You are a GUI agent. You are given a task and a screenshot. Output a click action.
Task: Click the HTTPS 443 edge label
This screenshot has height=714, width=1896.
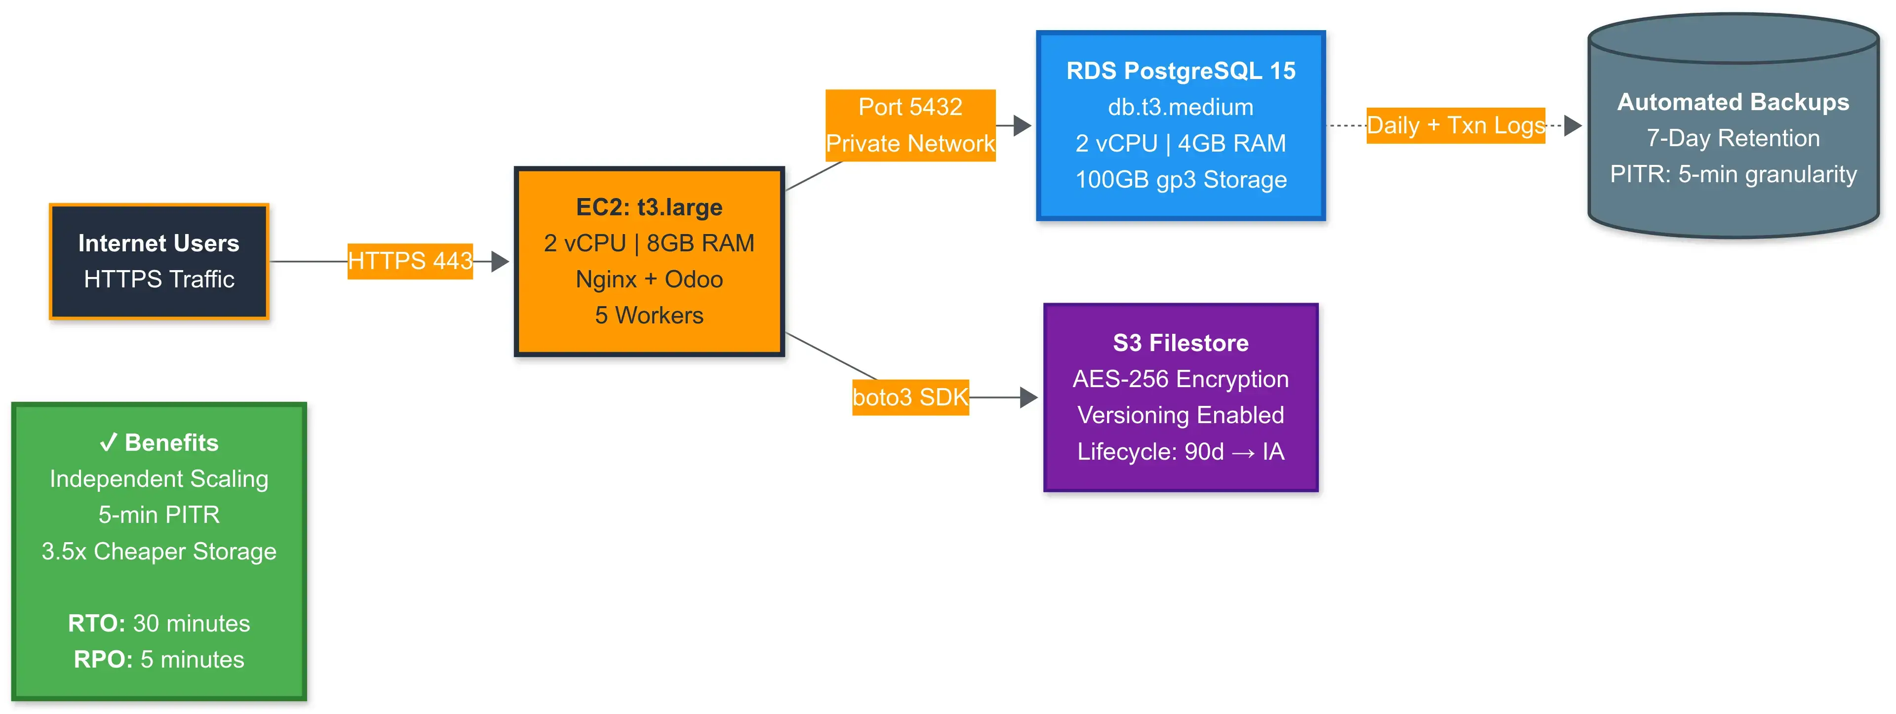pos(410,261)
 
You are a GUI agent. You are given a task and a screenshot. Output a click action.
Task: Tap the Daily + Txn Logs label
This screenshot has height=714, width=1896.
pos(1455,125)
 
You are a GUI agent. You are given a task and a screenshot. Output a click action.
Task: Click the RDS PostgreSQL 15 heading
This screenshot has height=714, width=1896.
pos(1180,71)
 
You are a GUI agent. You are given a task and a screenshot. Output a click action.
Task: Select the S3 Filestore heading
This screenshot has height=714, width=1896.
pos(1180,343)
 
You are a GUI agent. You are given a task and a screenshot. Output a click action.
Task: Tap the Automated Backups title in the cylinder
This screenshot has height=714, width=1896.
pos(1733,102)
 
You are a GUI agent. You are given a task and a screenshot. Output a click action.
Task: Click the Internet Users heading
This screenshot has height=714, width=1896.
pos(159,243)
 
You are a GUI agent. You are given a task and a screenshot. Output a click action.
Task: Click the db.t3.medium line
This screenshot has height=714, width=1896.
pos(1180,107)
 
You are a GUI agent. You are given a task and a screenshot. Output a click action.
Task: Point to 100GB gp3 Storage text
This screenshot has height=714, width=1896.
pos(1180,180)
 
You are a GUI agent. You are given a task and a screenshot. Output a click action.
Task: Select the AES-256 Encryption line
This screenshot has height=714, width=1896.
pos(1180,379)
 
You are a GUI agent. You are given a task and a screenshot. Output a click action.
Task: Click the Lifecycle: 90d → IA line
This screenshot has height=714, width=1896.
pos(1180,451)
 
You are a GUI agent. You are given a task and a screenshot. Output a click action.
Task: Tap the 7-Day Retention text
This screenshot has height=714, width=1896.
pos(1733,138)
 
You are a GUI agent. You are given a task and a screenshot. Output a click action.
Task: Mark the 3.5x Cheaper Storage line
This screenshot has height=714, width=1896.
pos(159,552)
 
